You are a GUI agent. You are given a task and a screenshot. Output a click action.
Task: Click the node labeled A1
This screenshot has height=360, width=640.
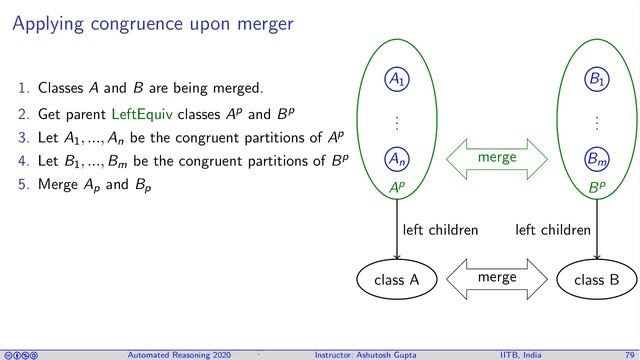click(397, 77)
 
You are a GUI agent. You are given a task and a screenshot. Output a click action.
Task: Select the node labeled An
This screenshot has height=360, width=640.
click(397, 158)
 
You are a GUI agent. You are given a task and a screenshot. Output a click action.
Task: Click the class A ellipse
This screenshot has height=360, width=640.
click(396, 280)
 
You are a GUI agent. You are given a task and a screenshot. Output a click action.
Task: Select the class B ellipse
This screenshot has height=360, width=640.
click(596, 280)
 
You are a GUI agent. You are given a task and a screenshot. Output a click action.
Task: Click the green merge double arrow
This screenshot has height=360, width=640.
click(496, 158)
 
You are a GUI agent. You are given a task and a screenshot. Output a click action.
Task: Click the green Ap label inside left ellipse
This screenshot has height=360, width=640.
click(397, 186)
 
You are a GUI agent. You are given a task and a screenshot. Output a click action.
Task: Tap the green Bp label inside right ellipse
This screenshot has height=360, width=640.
click(595, 186)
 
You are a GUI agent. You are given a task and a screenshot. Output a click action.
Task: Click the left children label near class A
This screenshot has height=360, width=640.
click(440, 230)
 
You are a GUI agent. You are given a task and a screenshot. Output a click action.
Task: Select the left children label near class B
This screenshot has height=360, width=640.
click(552, 230)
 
